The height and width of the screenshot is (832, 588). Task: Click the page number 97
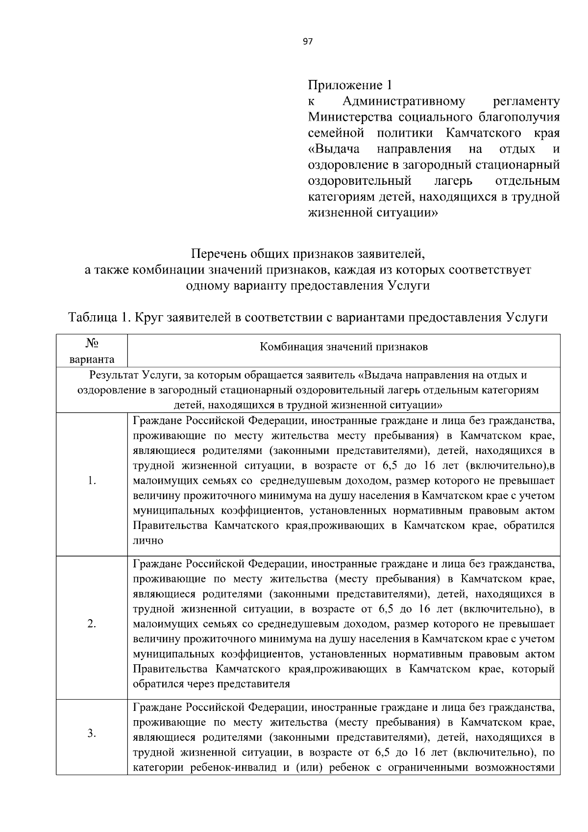coord(308,42)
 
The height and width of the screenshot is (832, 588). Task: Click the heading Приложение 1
coord(350,85)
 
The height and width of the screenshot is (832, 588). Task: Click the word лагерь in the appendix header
coord(453,181)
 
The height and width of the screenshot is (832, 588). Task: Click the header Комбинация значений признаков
coord(343,347)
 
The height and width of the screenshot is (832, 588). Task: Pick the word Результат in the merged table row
coord(114,375)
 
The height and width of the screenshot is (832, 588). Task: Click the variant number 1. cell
coord(92,480)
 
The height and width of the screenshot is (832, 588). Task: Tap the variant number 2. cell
coord(92,624)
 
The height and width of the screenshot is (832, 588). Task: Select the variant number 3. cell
coord(92,733)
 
